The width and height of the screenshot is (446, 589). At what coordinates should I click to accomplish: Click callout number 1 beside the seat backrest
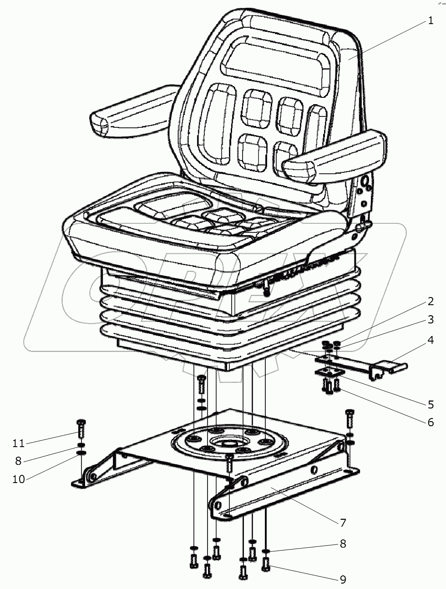coord(431,20)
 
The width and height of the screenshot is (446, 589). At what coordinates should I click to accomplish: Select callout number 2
coord(431,302)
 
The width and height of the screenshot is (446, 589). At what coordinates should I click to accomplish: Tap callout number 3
coord(431,320)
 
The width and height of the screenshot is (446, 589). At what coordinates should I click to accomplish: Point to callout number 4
coord(431,340)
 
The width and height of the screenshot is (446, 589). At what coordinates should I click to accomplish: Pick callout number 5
coord(431,405)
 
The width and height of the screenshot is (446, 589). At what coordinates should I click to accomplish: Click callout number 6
coord(431,423)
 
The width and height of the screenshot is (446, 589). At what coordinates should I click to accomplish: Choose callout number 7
coord(343,523)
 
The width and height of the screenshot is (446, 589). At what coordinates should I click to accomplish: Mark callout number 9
coord(343,580)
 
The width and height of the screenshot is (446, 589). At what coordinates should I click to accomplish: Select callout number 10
coord(19,479)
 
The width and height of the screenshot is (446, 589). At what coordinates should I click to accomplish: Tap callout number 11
coord(19,443)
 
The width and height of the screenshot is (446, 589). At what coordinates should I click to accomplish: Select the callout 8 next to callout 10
coord(18,461)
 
